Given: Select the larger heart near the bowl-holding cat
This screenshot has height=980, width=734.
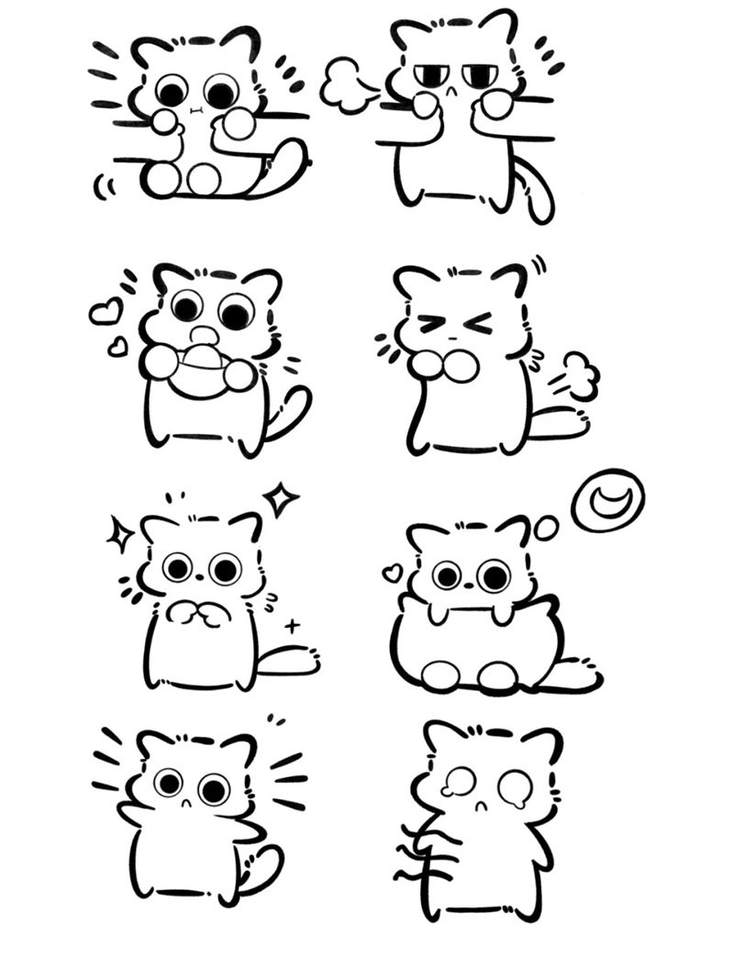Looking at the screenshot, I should click(106, 312).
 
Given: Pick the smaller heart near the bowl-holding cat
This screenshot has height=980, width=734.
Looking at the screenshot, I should click(117, 347).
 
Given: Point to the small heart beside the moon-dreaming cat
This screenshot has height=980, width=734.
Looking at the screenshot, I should click(392, 574).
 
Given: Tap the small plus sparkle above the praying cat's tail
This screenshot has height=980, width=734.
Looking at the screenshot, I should click(293, 627).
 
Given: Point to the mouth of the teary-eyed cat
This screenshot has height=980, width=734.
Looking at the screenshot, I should click(479, 806).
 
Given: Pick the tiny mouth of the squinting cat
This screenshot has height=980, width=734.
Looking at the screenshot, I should click(452, 341).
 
